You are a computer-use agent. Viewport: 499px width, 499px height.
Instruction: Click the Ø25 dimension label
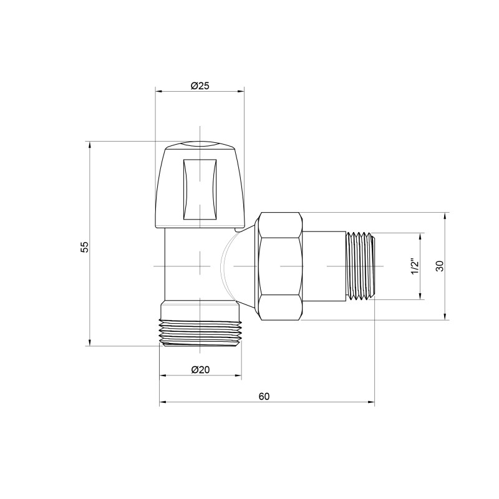pyautogui.click(x=200, y=85)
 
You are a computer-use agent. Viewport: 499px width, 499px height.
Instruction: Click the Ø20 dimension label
pyautogui.click(x=200, y=369)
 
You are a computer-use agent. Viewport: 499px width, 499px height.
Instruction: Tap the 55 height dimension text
pyautogui.click(x=85, y=246)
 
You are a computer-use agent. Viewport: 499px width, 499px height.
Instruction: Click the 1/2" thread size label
pyautogui.click(x=413, y=266)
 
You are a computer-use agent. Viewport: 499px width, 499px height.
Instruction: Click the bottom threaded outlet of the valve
pyautogui.click(x=200, y=331)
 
